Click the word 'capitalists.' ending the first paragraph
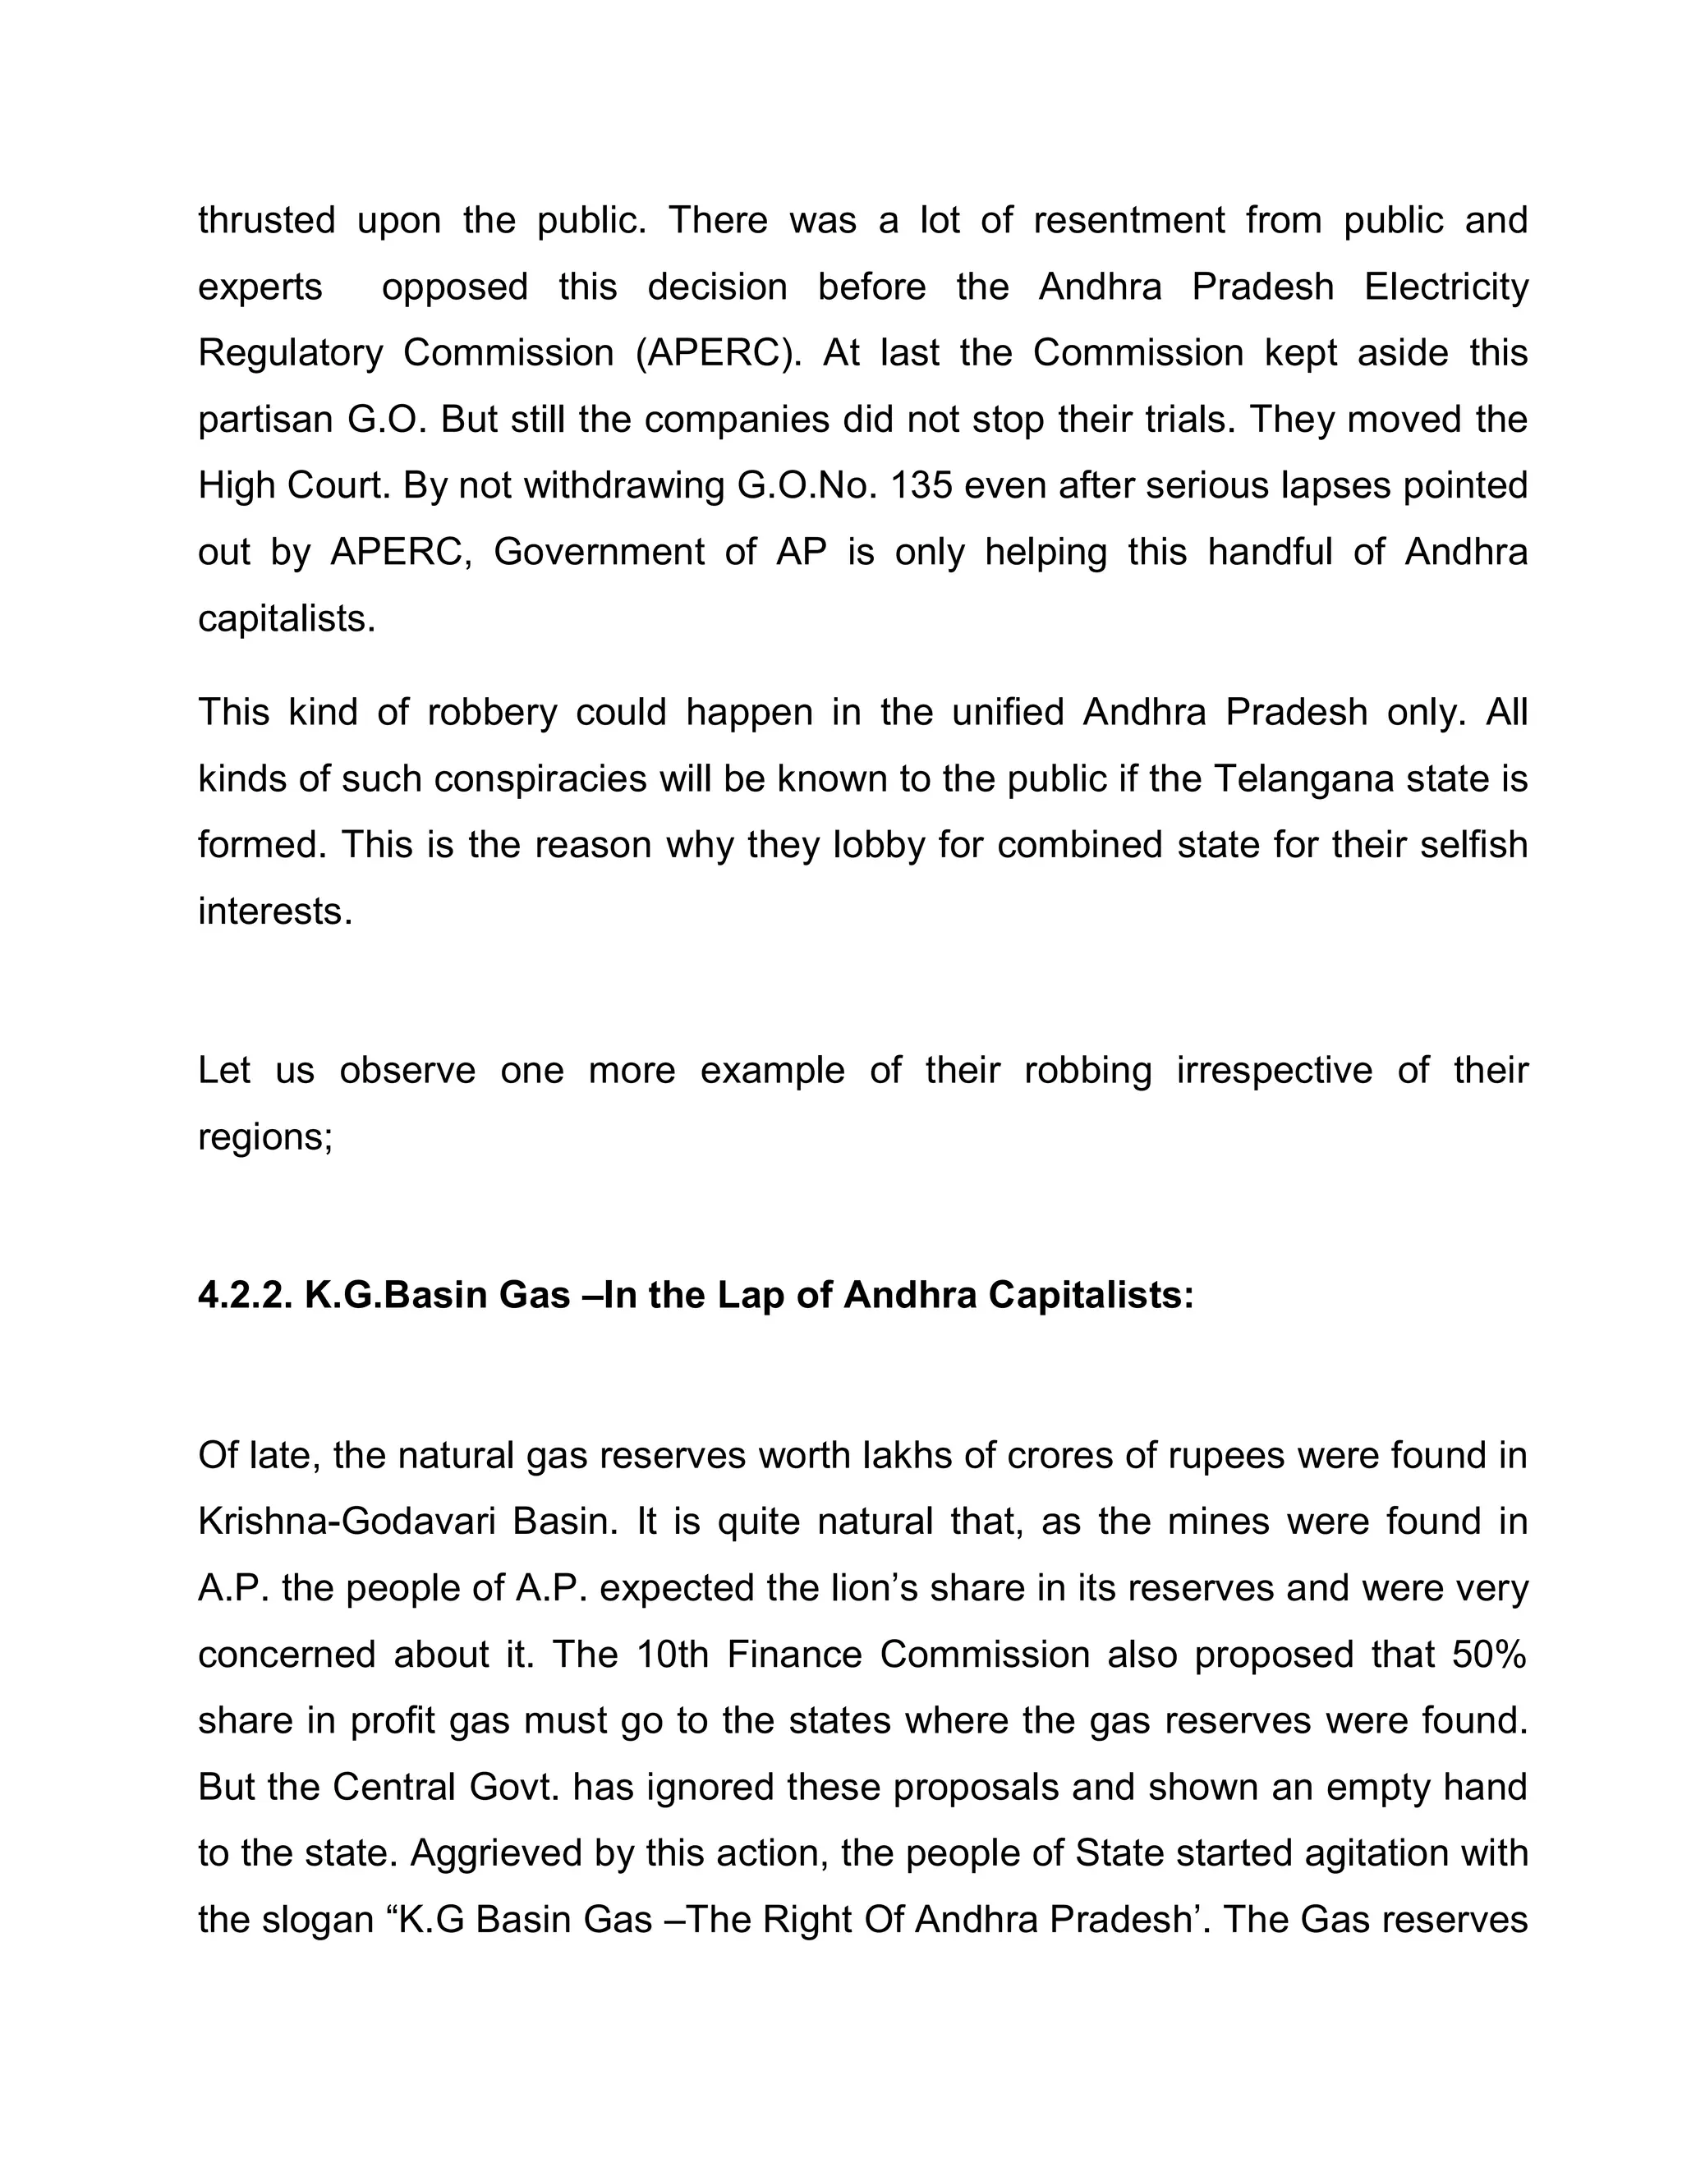click(287, 619)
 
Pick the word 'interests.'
click(275, 911)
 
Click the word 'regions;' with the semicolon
click(265, 1136)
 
